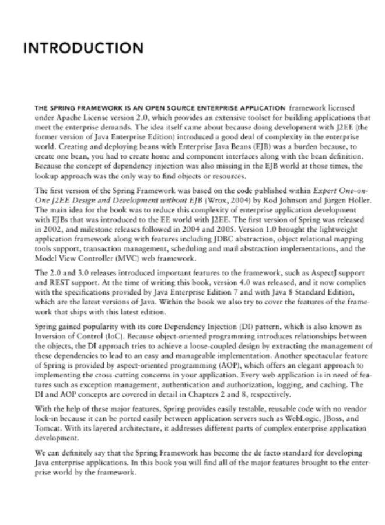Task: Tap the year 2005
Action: (209, 231)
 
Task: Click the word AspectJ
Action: (311, 272)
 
